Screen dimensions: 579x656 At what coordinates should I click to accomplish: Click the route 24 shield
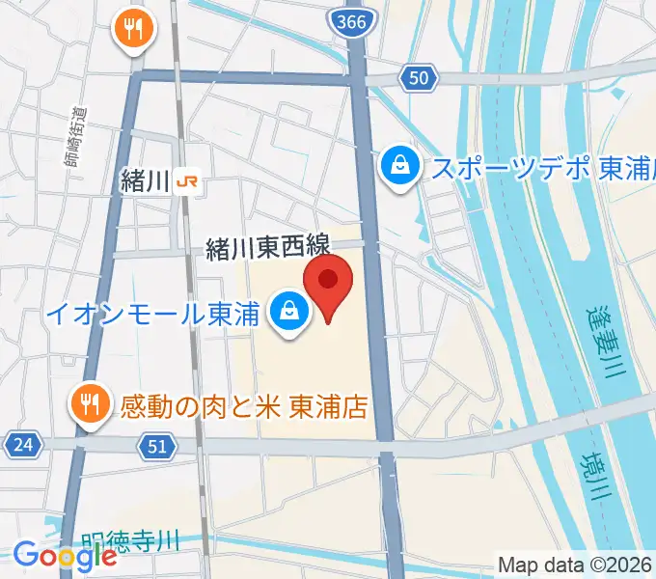tap(20, 445)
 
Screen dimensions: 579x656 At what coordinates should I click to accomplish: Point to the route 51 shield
tap(158, 445)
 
